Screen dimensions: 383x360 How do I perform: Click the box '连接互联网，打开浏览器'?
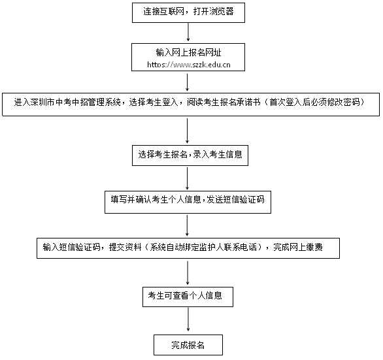tap(188, 12)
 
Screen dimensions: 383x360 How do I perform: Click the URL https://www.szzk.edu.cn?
tap(189, 65)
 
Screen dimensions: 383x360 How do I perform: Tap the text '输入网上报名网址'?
tap(189, 52)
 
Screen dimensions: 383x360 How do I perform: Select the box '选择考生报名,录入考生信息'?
tap(190, 155)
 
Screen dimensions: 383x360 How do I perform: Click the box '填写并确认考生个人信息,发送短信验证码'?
tap(188, 203)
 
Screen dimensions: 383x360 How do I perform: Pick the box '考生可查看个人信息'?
tap(188, 297)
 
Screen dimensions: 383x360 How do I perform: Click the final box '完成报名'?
tap(188, 345)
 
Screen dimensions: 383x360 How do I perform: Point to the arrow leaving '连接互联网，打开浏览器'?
tap(188, 32)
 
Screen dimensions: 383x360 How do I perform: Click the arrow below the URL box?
tap(188, 82)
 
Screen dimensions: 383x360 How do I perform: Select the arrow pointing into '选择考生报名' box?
tap(188, 131)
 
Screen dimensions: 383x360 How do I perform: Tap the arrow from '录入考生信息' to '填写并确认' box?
tap(188, 178)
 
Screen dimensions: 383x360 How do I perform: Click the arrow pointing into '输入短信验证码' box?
tap(188, 225)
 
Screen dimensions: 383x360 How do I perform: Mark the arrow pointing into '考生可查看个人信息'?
tap(188, 273)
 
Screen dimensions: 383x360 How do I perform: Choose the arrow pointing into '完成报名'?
tap(188, 319)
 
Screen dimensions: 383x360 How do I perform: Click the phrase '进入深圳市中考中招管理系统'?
tap(67, 102)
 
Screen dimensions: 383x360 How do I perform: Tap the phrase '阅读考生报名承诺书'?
tap(224, 102)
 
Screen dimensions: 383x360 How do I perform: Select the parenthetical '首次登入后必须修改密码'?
tap(315, 102)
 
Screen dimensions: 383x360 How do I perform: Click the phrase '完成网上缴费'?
tap(298, 248)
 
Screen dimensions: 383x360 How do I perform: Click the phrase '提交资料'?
tap(125, 248)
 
